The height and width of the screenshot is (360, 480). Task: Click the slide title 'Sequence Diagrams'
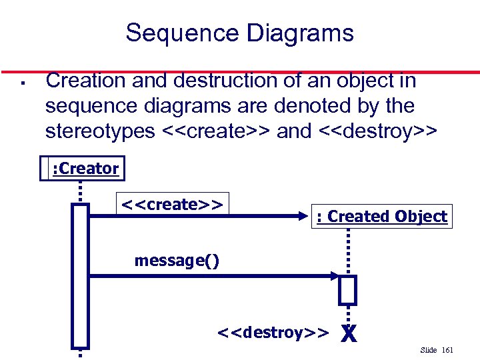pos(239,32)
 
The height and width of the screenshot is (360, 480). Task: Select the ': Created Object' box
pos(381,216)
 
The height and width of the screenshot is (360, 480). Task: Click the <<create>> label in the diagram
pos(172,203)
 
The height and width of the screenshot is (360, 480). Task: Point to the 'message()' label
pos(177,260)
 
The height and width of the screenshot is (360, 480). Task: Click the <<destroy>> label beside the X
pos(273,332)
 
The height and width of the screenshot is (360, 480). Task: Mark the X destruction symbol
pos(347,332)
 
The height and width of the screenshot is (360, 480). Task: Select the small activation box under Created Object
pos(347,289)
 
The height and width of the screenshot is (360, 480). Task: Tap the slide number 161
pos(447,350)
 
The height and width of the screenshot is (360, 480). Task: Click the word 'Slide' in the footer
pos(429,350)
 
